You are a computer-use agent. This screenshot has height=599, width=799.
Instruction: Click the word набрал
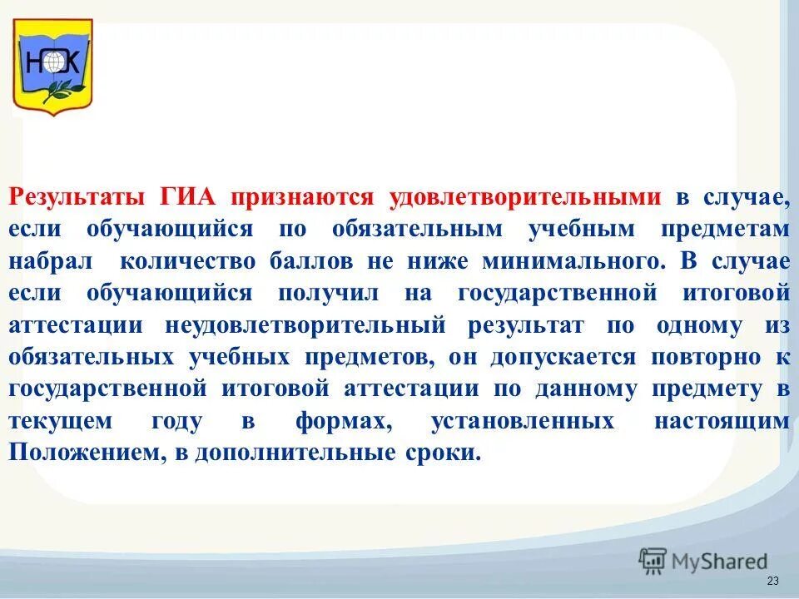49,261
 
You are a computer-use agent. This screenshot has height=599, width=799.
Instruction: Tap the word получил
333,294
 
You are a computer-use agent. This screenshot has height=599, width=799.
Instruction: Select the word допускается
563,358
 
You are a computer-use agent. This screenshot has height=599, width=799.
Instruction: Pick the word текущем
60,422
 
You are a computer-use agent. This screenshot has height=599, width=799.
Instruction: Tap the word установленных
523,422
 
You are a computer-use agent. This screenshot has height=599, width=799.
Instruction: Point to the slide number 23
772,581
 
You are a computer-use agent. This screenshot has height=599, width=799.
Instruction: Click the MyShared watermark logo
703,562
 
